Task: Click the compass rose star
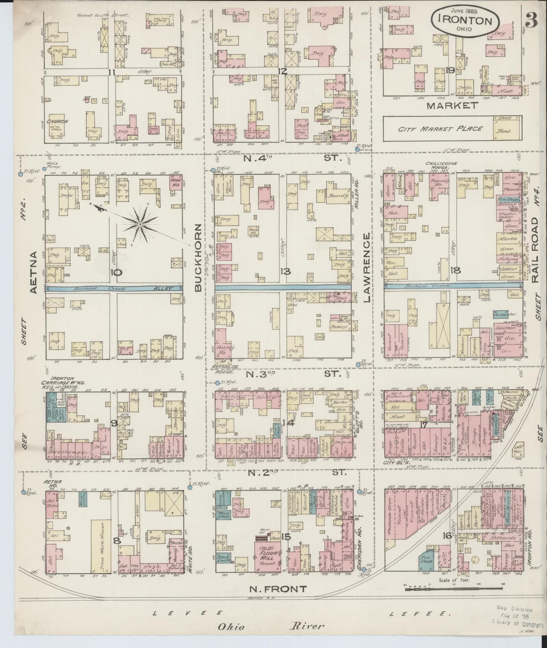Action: coord(139,224)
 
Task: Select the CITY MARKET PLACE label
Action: coord(440,128)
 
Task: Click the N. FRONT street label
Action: coord(278,588)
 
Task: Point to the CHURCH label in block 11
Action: coord(57,121)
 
